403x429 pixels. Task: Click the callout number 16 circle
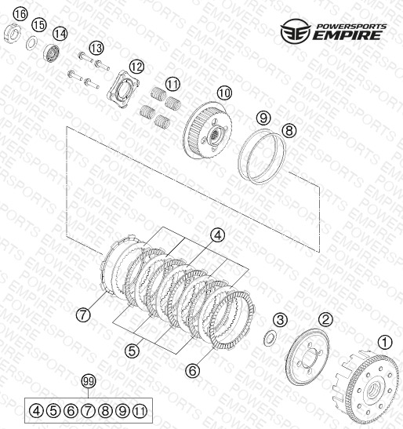click(x=21, y=13)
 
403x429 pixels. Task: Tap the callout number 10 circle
click(x=224, y=93)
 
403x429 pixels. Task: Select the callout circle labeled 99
click(x=89, y=381)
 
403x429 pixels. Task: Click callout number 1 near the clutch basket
click(x=385, y=342)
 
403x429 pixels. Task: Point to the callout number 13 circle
click(x=96, y=49)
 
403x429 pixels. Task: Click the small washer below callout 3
click(x=270, y=338)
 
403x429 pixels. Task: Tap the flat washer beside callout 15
click(x=32, y=42)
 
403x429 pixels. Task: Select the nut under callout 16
click(x=12, y=33)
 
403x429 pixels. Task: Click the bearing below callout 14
click(x=51, y=53)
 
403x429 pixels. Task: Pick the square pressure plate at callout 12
click(x=122, y=89)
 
